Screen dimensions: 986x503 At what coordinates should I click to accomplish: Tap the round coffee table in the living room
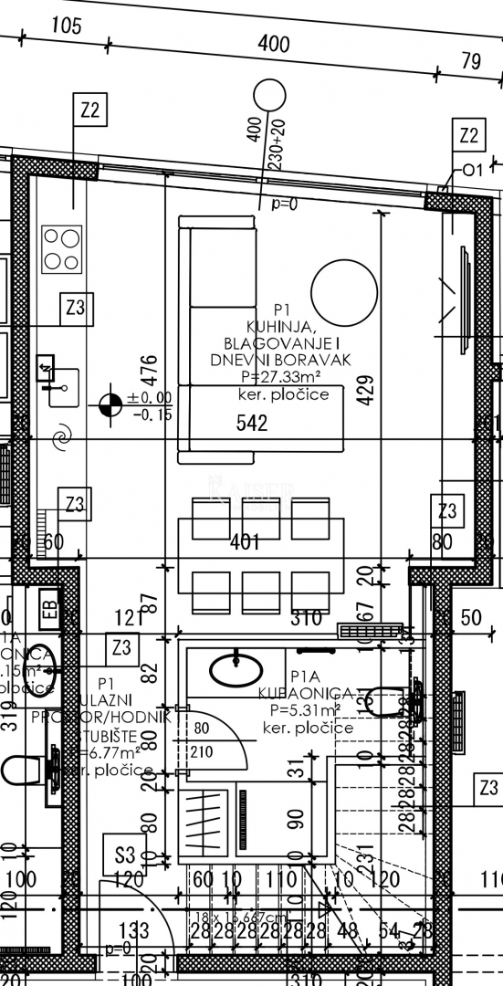[x=343, y=291]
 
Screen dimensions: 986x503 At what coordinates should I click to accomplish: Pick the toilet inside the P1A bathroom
[x=379, y=701]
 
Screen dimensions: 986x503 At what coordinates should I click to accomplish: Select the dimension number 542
[x=251, y=423]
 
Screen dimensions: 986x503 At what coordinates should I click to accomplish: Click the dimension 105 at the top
[x=66, y=26]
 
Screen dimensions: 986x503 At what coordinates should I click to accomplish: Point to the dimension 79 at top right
[x=471, y=61]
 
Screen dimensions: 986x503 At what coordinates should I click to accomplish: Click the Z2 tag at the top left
[x=89, y=111]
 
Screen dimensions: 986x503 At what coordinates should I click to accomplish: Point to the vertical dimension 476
[x=151, y=370]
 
